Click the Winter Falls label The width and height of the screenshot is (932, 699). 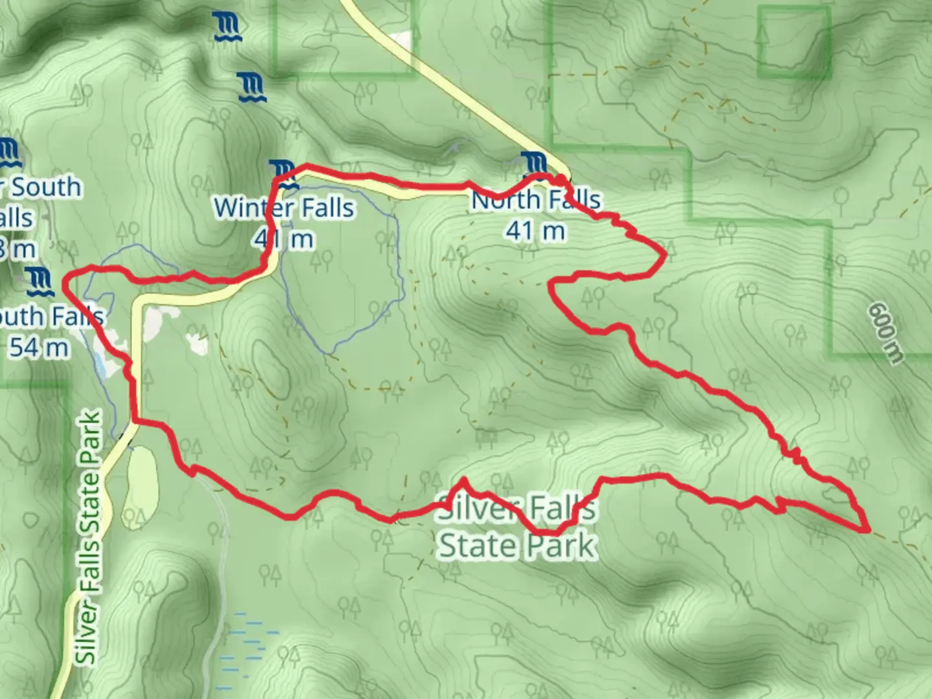pos(284,208)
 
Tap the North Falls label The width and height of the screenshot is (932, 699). pos(536,200)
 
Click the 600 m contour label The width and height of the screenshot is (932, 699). pos(885,333)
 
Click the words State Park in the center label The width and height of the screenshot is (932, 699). pos(516,545)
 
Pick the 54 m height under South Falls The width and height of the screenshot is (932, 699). pos(39,348)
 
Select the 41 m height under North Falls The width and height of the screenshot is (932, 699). pos(535,230)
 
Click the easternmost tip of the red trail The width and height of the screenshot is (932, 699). pos(867,530)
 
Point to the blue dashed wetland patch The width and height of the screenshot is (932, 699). pos(249,647)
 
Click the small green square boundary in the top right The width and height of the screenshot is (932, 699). pos(793,43)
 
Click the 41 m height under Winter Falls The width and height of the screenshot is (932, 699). pos(284,239)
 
